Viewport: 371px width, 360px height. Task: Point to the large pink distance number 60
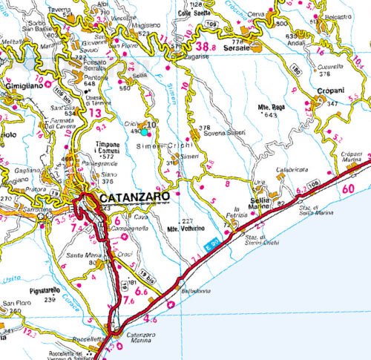[349, 189]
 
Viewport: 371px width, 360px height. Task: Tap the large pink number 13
[95, 112]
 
